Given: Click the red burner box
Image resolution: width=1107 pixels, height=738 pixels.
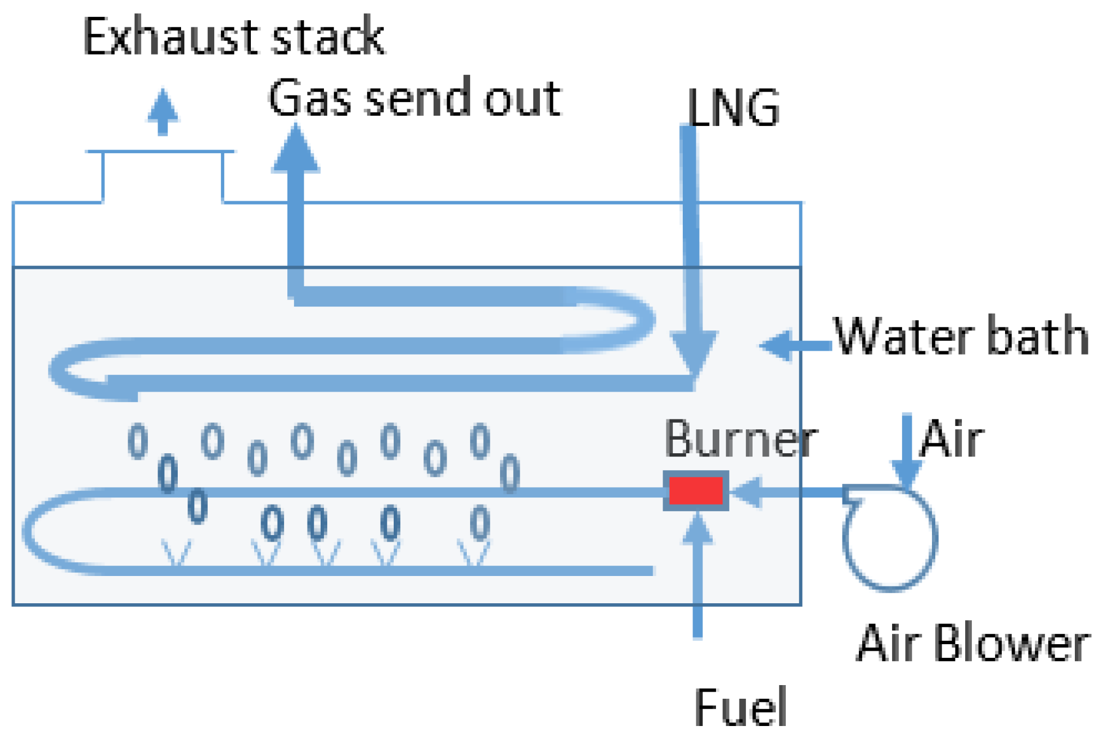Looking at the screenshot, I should (695, 490).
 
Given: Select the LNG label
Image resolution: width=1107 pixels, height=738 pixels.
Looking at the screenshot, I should (733, 108).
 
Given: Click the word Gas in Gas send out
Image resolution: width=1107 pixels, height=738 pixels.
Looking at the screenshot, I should (309, 98).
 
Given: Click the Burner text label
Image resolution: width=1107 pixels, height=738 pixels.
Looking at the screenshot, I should (741, 439).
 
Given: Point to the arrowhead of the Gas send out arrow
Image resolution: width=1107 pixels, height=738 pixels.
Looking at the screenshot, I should (296, 150).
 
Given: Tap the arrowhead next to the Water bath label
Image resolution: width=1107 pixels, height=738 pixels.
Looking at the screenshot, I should (777, 345).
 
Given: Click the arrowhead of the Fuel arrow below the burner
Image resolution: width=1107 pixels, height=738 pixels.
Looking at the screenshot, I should (697, 529).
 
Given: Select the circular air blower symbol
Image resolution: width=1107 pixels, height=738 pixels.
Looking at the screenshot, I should (889, 538).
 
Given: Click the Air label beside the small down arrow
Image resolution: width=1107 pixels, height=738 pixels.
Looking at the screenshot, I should (952, 439).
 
